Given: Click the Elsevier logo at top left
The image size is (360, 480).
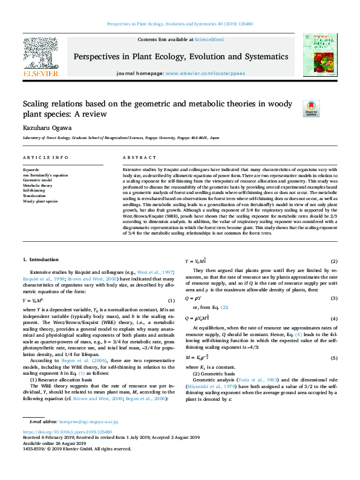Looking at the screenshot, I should point(41,57).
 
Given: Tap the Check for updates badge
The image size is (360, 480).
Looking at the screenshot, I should point(312,109).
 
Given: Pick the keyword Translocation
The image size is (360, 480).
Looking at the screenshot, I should point(34,196).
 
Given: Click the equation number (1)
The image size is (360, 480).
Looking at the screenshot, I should point(171,300).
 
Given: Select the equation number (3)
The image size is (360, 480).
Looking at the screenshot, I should point(333,299).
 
